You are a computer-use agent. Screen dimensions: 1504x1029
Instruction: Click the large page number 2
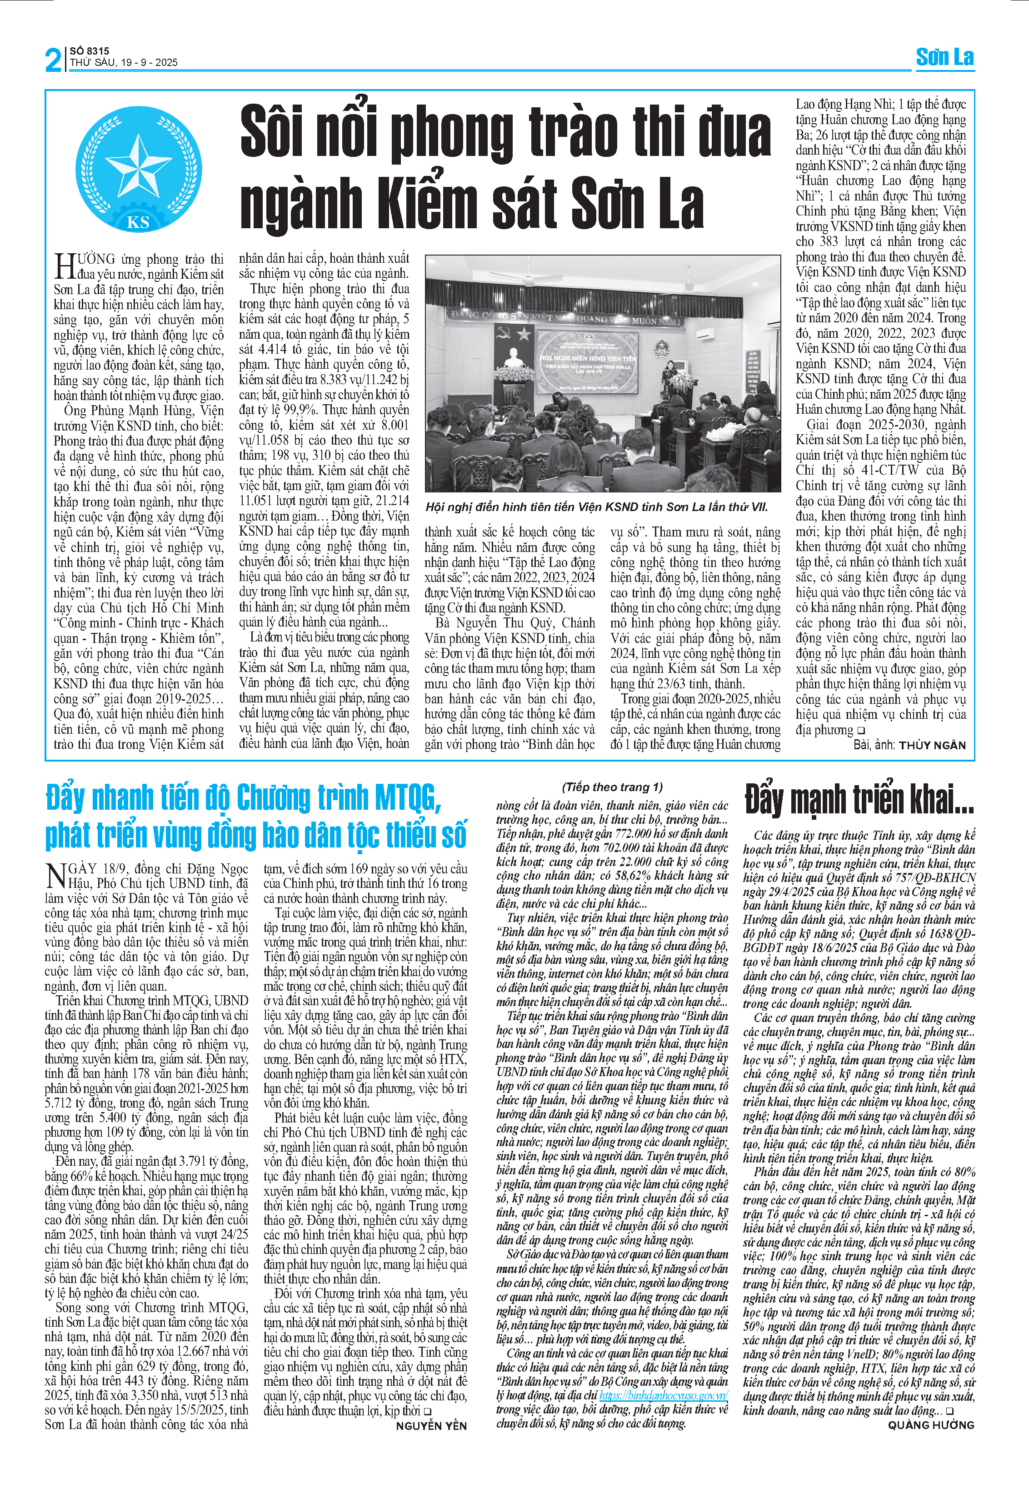(x=54, y=60)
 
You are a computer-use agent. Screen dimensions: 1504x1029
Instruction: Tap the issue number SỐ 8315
(x=89, y=50)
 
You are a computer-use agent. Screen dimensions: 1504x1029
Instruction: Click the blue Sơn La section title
(x=944, y=58)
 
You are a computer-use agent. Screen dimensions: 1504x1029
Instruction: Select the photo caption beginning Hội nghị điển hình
(x=596, y=507)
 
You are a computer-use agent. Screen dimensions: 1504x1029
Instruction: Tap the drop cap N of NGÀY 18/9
(x=56, y=875)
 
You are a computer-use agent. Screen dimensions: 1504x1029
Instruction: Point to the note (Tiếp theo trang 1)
(x=612, y=787)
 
